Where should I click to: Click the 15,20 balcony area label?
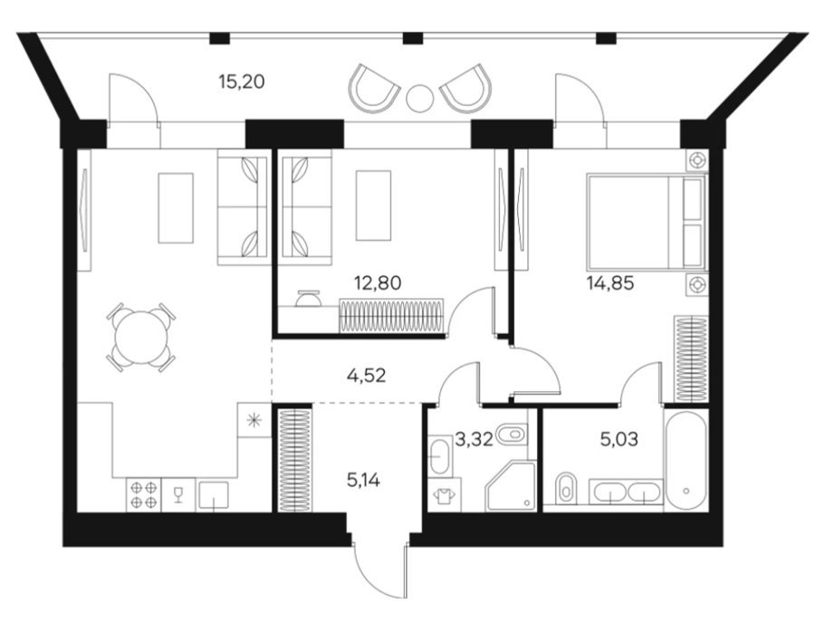point(242,81)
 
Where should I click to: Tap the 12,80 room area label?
point(378,283)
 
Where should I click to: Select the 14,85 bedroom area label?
point(610,283)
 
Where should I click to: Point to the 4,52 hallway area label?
point(367,375)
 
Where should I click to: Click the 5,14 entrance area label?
point(363,480)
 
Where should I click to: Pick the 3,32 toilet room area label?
point(474,439)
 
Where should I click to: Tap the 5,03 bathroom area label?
point(619,439)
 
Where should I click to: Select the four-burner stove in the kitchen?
point(144,494)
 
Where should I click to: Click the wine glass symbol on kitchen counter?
point(178,494)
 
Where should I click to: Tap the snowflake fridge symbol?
point(254,420)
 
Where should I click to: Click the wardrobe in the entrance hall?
point(294,460)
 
